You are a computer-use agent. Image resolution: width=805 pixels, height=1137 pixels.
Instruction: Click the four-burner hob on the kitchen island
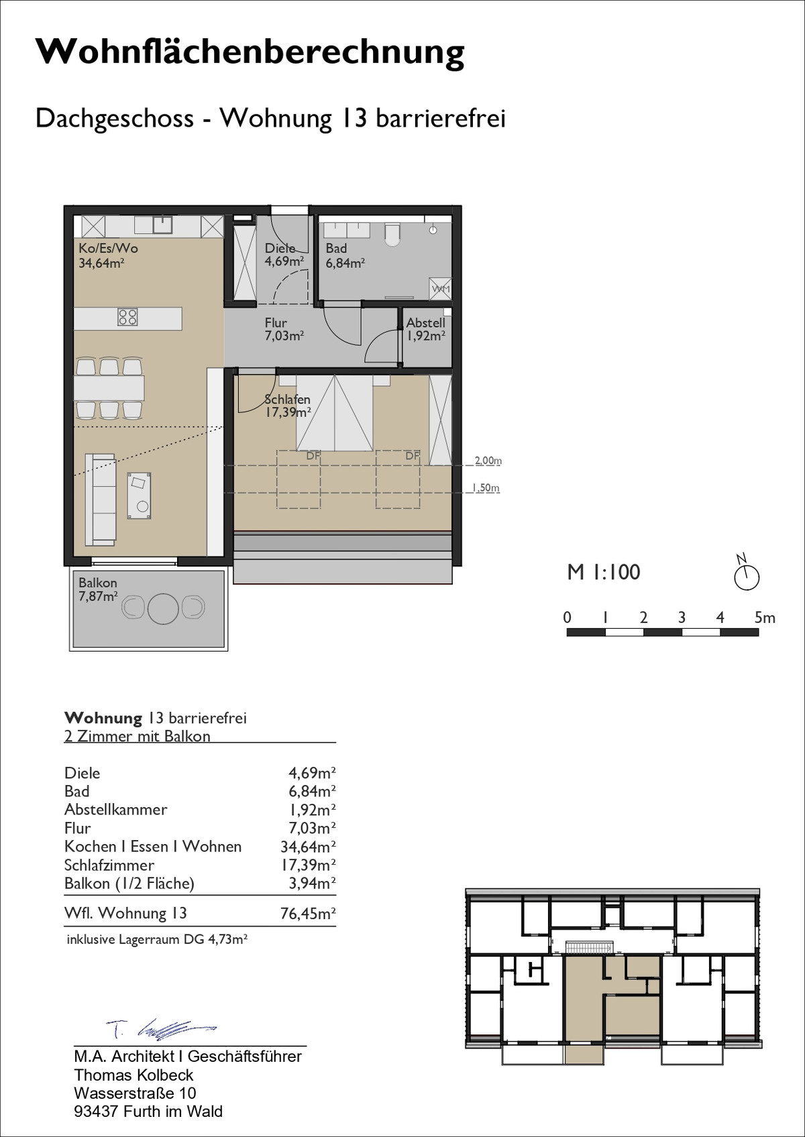127,317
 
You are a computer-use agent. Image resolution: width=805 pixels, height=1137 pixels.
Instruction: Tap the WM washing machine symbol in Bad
440,288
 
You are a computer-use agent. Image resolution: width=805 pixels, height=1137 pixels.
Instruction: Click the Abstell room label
425,323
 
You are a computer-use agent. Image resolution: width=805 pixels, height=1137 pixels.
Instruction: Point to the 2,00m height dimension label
488,461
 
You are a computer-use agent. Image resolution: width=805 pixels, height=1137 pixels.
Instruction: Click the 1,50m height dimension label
486,488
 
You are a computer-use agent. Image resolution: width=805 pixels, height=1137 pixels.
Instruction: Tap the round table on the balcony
163,607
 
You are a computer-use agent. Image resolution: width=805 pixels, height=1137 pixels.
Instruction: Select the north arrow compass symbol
746,573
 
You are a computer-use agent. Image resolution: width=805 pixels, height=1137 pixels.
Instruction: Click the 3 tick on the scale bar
682,617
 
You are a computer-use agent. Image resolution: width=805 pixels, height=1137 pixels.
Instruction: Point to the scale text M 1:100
603,572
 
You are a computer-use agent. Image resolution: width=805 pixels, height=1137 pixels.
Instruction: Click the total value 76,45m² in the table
308,914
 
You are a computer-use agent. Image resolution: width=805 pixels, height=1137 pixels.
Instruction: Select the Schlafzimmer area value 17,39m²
308,865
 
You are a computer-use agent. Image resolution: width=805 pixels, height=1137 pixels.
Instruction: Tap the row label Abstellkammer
116,810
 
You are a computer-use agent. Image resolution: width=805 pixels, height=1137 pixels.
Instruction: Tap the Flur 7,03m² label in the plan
284,329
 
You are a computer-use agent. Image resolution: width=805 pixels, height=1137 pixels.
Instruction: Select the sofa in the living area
100,499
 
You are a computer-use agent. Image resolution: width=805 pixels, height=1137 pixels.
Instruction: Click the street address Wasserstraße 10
135,1093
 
